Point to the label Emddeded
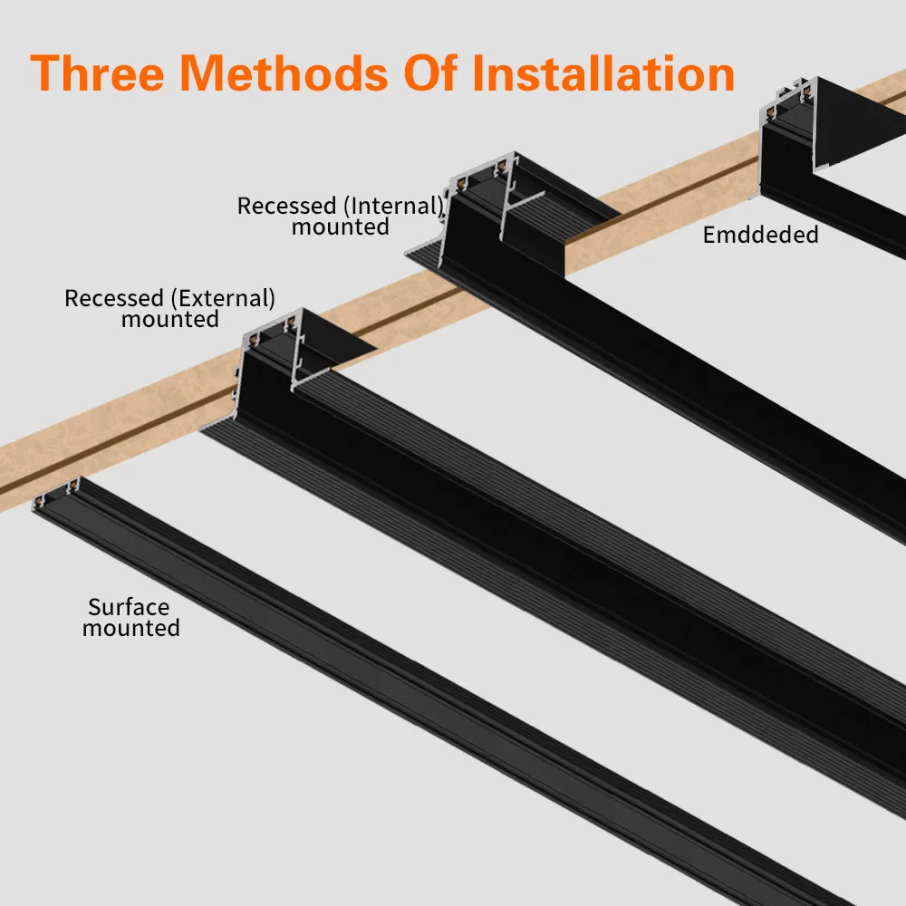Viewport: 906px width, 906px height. [x=760, y=236]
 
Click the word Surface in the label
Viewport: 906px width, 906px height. [x=129, y=607]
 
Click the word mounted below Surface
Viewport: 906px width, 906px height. [x=131, y=628]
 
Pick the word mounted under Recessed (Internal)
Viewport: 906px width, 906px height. [x=340, y=226]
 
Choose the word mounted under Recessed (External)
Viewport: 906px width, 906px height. [x=170, y=320]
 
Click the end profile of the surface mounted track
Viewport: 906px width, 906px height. [x=57, y=496]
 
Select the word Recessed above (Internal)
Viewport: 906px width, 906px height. [x=285, y=206]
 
